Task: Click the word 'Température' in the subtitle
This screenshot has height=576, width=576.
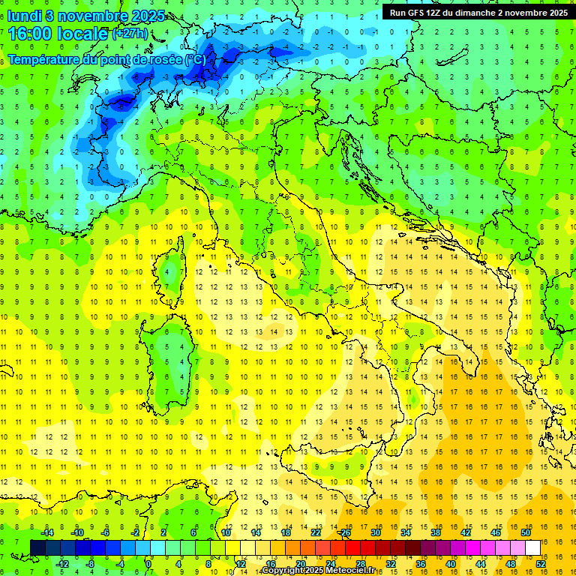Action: tap(51, 59)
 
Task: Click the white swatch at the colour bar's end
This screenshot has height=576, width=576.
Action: tap(533, 547)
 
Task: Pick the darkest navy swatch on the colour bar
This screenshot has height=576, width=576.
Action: tap(37, 547)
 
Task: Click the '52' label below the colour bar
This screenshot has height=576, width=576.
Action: tap(541, 563)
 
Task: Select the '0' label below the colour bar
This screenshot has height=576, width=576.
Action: tap(148, 563)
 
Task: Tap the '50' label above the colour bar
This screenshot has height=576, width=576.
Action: tap(526, 532)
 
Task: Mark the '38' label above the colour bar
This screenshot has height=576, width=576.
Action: tap(436, 532)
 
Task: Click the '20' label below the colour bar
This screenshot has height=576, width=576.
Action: tap(300, 563)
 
